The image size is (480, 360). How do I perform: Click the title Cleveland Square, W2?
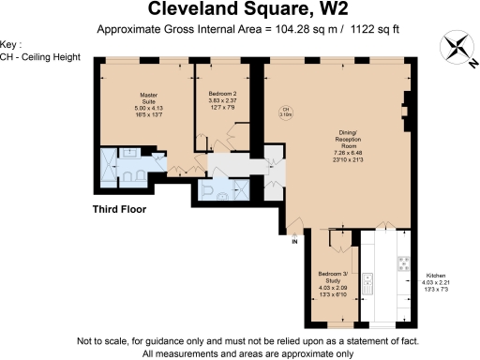[240, 10]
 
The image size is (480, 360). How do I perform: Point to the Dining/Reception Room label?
[349, 146]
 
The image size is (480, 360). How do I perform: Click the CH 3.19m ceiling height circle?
[287, 112]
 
